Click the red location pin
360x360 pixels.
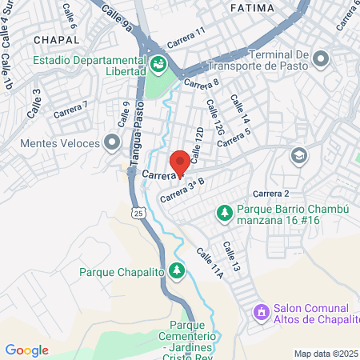click(x=181, y=162)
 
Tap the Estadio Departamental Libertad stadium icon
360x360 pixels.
click(x=158, y=61)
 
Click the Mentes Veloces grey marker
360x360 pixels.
click(x=112, y=143)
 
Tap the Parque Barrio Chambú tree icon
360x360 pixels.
click(x=225, y=213)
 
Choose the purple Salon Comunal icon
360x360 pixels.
click(x=260, y=311)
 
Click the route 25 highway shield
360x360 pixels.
click(x=138, y=214)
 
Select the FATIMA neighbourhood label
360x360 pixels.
click(x=251, y=7)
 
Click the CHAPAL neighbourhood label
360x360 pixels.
click(x=57, y=38)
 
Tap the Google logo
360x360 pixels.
click(x=26, y=350)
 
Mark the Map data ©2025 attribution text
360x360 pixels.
click(x=326, y=353)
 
